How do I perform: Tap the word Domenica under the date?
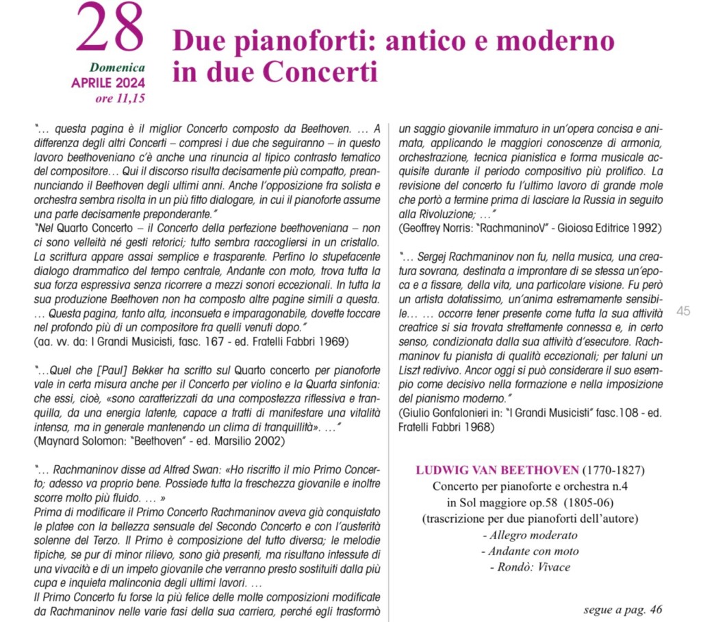[x=117, y=68]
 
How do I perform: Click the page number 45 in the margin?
[x=683, y=311]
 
